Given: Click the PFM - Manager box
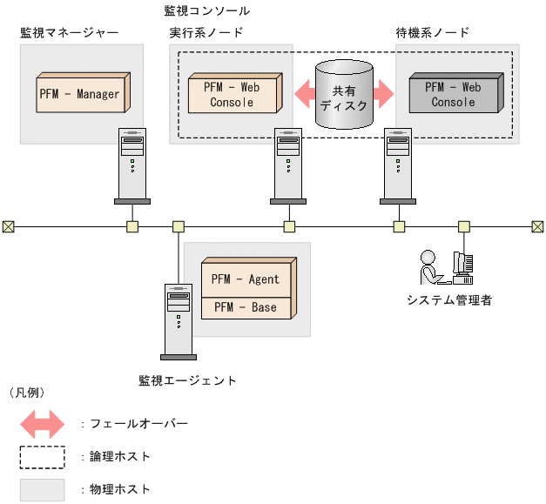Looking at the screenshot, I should [78, 94].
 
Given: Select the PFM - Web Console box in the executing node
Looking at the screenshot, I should [232, 94].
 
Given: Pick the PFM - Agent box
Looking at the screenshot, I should [246, 279].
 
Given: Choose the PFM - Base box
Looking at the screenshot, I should [246, 307].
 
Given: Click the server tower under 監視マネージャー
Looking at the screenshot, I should [132, 165].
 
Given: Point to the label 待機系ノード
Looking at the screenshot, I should [432, 33].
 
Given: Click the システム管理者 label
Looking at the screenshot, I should [449, 300].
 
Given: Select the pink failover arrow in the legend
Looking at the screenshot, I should [42, 424].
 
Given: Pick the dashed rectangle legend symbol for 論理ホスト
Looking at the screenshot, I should [42, 456].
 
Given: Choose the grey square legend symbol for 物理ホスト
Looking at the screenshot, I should [42, 489].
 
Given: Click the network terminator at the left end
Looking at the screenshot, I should [9, 227].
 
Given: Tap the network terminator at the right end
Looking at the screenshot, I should [537, 227].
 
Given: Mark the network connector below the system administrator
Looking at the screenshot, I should [463, 227].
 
